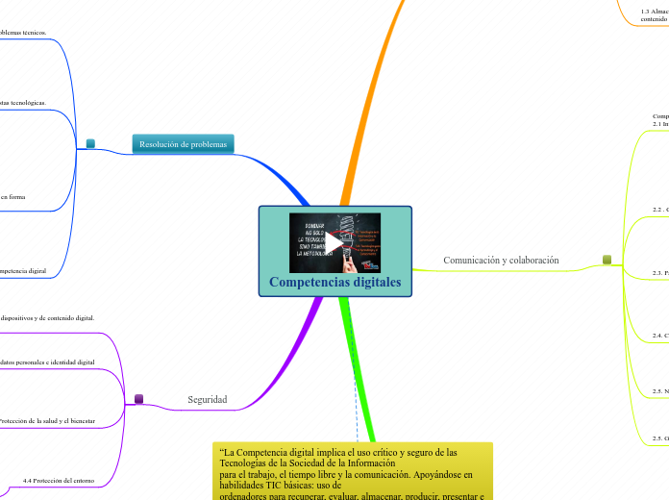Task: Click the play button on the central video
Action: pos(334,242)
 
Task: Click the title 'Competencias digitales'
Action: pos(334,282)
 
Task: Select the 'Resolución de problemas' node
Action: pos(183,144)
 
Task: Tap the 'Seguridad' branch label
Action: pos(207,399)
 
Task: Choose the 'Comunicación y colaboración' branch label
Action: pos(501,260)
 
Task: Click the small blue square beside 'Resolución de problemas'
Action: pos(90,144)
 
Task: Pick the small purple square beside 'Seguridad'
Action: pos(138,398)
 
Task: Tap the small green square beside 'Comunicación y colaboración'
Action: pos(607,259)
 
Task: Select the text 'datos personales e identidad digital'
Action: pos(47,362)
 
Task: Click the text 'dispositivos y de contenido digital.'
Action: pos(47,317)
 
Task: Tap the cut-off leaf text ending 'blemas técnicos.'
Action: pos(23,32)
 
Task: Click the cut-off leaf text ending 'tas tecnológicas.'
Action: pos(23,101)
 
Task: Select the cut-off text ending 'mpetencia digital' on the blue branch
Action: pos(23,271)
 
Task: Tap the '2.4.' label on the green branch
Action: pos(660,335)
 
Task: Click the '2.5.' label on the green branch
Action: pos(660,390)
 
